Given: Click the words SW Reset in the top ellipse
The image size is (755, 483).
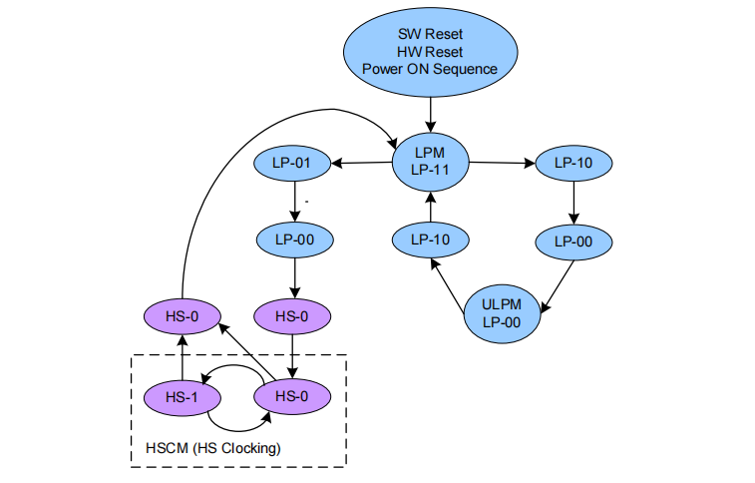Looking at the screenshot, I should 429,33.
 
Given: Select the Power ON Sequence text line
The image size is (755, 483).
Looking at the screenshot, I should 429,69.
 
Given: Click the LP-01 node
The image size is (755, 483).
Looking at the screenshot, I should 293,162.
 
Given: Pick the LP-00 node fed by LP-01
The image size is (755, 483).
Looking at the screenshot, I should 293,240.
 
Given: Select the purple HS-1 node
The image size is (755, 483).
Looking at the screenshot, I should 182,396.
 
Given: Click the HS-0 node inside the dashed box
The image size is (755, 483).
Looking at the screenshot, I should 291,396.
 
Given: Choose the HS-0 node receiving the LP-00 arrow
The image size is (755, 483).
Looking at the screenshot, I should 291,317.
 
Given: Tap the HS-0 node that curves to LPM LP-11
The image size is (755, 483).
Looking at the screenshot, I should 182,317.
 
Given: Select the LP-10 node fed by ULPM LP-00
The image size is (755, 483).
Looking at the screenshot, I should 430,240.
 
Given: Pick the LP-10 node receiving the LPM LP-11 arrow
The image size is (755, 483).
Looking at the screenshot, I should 573,162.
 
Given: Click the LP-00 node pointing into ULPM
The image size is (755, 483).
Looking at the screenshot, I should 573,240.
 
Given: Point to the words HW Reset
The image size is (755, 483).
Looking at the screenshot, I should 429,51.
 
